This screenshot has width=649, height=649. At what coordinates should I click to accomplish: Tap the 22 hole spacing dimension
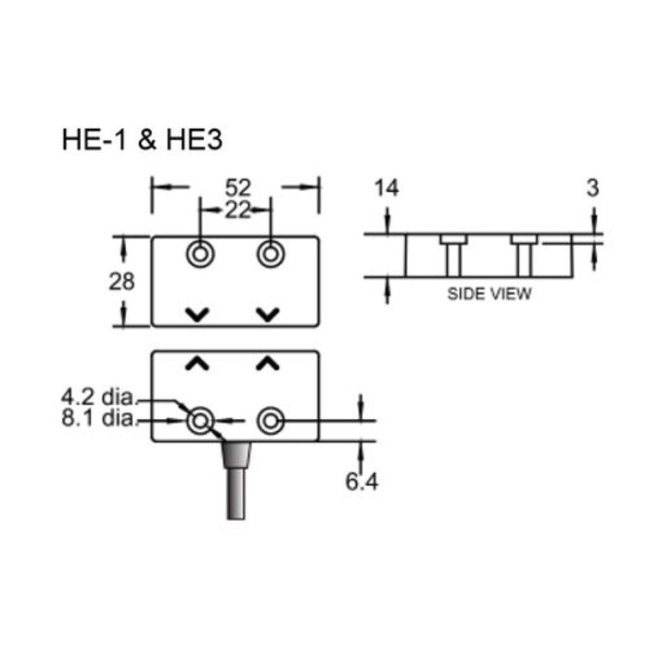tap(236, 210)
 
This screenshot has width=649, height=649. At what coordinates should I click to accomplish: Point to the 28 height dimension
tap(121, 281)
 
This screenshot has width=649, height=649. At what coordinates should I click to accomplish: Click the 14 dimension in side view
tap(386, 188)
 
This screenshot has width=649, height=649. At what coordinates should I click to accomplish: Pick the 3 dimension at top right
tap(592, 188)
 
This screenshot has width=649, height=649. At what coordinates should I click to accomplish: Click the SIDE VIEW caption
tap(490, 295)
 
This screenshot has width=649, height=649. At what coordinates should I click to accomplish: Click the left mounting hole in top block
tap(199, 253)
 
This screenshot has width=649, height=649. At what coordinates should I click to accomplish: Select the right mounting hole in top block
tap(270, 253)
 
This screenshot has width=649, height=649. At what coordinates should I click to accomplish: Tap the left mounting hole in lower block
tap(199, 423)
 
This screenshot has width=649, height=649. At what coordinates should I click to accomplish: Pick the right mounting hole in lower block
tap(270, 423)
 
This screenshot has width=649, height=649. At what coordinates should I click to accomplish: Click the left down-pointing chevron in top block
tap(197, 314)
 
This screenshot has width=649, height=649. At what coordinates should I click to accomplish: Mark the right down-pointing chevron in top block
tap(268, 314)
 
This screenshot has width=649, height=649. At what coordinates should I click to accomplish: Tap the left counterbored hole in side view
tap(452, 254)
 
